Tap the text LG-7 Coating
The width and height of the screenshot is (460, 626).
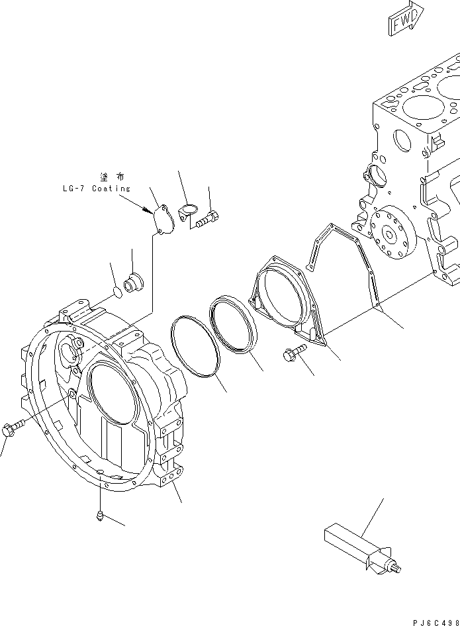[x=92, y=189]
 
